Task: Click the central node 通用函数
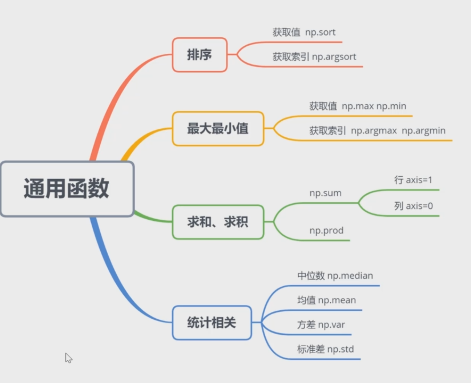coord(67,189)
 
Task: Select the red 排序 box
coord(200,55)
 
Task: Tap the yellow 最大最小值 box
coord(218,129)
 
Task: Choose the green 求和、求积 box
coord(218,222)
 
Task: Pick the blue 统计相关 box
coord(212,323)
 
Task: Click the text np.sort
coord(320,32)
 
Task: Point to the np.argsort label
coord(334,57)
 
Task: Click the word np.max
coord(357,106)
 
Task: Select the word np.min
coord(391,106)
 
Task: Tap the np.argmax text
coord(374,131)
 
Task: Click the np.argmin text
coord(423,131)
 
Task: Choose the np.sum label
coord(325,193)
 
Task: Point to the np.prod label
coord(326,231)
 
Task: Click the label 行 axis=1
coord(413,180)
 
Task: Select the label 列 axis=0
coord(413,206)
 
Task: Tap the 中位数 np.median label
coord(335,276)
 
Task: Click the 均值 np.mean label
coord(326,300)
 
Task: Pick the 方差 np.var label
coord(321,325)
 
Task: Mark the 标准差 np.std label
coord(325,349)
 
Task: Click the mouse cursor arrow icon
coord(68,357)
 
